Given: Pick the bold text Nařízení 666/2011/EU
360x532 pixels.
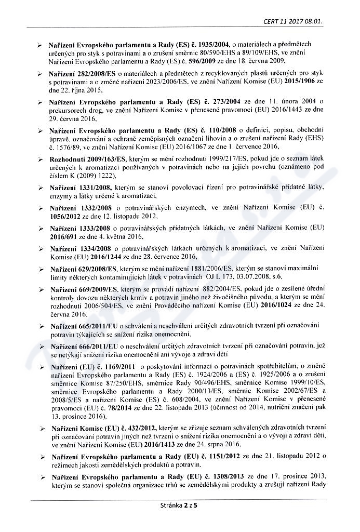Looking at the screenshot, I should (x=84, y=347).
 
